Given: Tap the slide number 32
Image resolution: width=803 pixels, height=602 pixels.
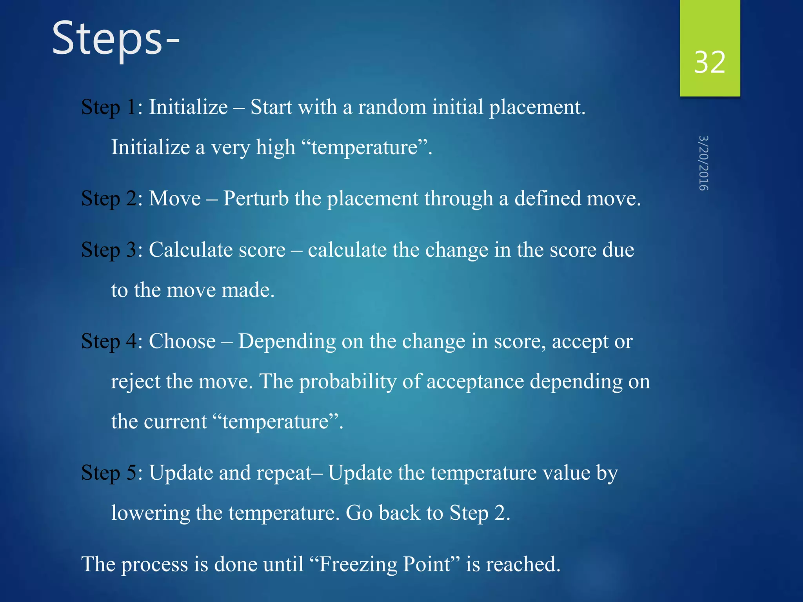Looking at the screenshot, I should (x=709, y=62).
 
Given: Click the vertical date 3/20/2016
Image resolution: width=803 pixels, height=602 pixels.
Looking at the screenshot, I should (x=703, y=163).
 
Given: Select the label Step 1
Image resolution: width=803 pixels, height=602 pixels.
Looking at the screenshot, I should (x=108, y=107).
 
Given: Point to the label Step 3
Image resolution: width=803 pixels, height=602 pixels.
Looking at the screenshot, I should (x=108, y=250).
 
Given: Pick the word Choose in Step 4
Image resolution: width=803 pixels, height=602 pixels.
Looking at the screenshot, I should (x=182, y=341).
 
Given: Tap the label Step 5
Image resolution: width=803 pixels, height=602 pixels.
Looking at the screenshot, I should (x=108, y=473).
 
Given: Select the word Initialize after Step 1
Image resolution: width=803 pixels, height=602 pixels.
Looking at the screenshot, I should (x=188, y=107).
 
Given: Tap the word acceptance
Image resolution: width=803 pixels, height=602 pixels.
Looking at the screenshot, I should (x=475, y=381).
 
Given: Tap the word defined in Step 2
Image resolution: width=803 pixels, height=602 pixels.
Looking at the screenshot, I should (x=547, y=198).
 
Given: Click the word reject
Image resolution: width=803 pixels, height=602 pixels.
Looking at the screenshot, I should (x=135, y=381).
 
